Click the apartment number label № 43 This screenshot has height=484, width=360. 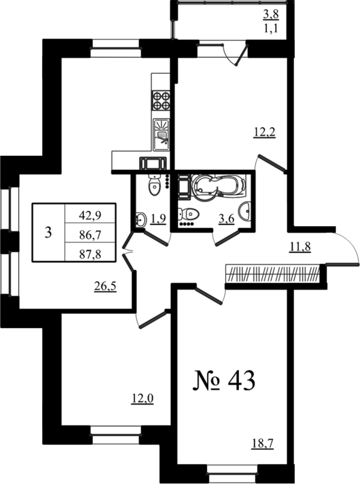(x=224, y=381)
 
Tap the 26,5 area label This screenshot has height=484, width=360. (x=105, y=287)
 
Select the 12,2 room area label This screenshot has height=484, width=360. (x=265, y=133)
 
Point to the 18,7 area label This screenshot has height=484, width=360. (x=263, y=444)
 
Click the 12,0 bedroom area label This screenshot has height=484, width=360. (x=142, y=399)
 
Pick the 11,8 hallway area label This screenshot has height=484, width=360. (x=300, y=247)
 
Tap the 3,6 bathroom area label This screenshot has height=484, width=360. (x=226, y=219)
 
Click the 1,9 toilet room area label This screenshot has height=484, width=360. (x=158, y=219)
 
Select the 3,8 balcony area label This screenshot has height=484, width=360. (x=270, y=14)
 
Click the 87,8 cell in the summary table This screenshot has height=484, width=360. (x=90, y=255)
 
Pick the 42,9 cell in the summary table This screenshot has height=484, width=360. (x=90, y=215)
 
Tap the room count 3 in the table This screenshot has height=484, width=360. (x=48, y=233)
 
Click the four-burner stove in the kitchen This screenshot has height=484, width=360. (x=160, y=101)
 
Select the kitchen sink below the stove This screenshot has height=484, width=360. (x=161, y=135)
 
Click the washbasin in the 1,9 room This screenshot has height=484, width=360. (x=141, y=219)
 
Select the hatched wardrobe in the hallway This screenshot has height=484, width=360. (x=273, y=273)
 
